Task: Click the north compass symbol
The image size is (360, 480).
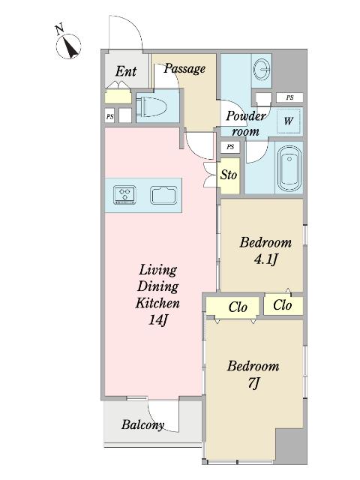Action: click(x=68, y=46)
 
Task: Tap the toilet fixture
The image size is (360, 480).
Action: click(x=151, y=106)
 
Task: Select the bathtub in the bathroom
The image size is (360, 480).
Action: click(x=289, y=168)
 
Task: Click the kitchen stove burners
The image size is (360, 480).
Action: click(x=124, y=195)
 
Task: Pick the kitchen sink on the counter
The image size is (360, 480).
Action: click(x=163, y=195)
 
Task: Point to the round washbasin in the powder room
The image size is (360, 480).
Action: click(x=262, y=70)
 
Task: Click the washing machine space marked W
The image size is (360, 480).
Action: click(x=288, y=121)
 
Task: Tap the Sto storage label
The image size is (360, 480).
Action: click(x=229, y=175)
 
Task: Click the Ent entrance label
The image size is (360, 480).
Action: click(x=126, y=72)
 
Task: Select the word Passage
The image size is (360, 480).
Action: click(x=184, y=68)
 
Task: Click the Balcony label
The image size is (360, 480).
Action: click(x=142, y=425)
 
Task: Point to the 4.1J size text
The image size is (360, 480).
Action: click(x=265, y=259)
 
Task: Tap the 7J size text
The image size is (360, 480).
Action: click(x=253, y=383)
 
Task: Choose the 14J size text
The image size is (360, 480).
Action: click(x=158, y=320)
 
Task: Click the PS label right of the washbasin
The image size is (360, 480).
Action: click(x=289, y=97)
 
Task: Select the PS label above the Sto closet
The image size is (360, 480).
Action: click(x=230, y=147)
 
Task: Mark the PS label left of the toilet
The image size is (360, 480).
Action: click(x=110, y=117)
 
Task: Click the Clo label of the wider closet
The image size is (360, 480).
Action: click(x=238, y=307)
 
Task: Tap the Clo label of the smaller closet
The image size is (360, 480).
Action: click(x=283, y=305)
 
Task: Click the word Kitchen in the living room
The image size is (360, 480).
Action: click(x=157, y=303)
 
